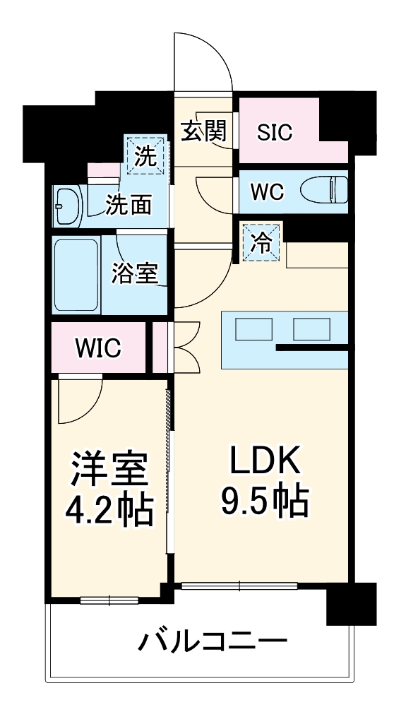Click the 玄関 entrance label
[203, 131]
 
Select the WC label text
[267, 191]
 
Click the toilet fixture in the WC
[324, 191]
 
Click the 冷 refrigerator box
[261, 242]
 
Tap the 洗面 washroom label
[129, 204]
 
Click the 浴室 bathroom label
[134, 273]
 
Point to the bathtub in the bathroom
[76, 274]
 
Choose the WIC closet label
[98, 348]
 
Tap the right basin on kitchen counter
[311, 330]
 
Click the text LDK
[265, 461]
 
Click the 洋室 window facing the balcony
[109, 600]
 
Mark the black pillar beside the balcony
[351, 605]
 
